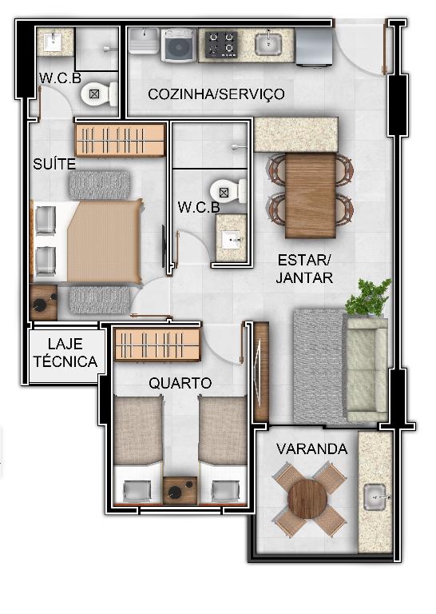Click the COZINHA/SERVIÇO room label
tap(216, 94)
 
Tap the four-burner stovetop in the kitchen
tap(222, 45)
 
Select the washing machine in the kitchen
tap(179, 46)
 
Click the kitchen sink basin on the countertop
tap(268, 44)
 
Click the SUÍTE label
tap(54, 164)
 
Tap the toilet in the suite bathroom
tap(99, 94)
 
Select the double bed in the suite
tap(87, 241)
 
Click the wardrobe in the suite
tap(120, 140)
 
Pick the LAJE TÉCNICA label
tap(65, 353)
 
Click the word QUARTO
tap(180, 383)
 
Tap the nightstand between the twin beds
tap(180, 490)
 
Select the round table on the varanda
tap(307, 499)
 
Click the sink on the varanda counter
tap(375, 497)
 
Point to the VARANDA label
tap(311, 449)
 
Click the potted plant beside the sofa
tap(368, 297)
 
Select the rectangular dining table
tap(311, 195)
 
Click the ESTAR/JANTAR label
tap(304, 269)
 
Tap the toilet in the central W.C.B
tap(228, 192)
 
